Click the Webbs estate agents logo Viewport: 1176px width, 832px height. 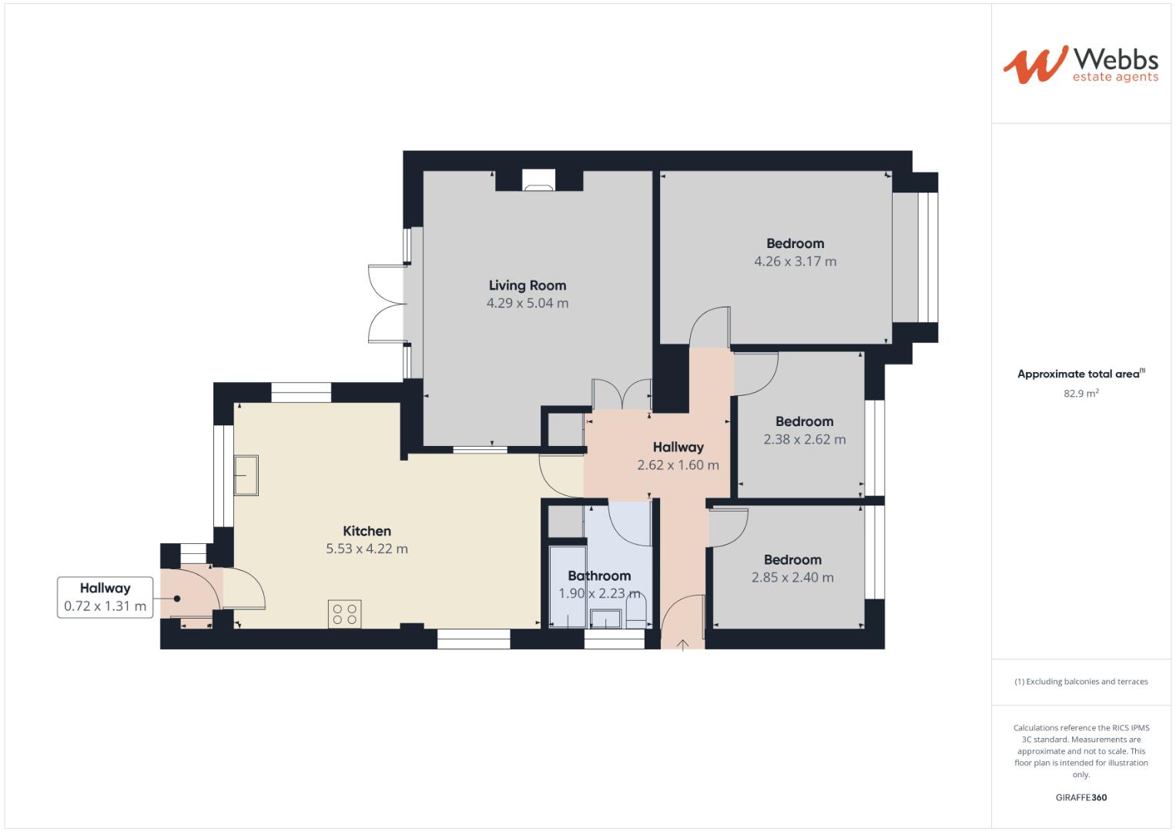click(1080, 64)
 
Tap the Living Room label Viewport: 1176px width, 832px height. click(528, 285)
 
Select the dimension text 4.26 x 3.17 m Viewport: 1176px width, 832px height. click(795, 261)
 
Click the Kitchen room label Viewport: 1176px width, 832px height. click(367, 531)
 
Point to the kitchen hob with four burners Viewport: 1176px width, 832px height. click(344, 614)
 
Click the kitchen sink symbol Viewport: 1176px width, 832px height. click(246, 475)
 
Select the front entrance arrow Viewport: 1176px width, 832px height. click(682, 644)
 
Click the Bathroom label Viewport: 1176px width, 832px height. click(599, 575)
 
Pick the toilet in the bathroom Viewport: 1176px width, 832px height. click(636, 615)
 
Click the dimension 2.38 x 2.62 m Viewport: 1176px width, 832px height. click(804, 439)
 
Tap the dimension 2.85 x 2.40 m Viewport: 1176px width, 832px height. click(792, 577)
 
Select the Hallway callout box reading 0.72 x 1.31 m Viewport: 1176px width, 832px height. click(105, 597)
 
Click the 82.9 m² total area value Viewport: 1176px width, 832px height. click(1081, 393)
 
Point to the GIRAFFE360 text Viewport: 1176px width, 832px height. click(1081, 797)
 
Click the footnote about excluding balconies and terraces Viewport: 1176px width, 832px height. click(1081, 682)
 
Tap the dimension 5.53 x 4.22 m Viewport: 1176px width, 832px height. click(367, 549)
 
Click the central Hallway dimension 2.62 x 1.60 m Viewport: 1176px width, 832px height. click(678, 465)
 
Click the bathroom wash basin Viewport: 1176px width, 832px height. click(605, 619)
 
